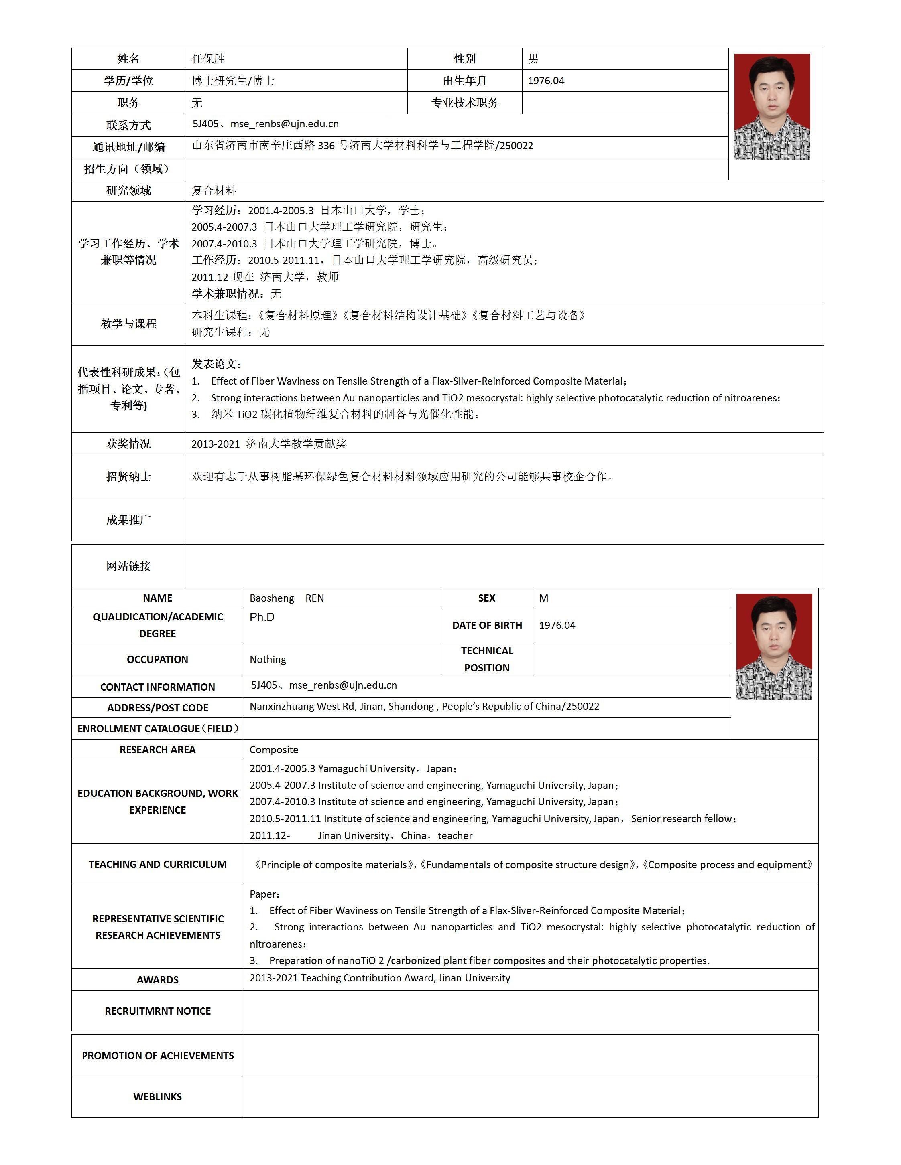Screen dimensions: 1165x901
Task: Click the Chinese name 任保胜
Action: pos(209,59)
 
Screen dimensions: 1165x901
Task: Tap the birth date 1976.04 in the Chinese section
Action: pos(546,81)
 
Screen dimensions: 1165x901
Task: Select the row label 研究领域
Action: pos(129,190)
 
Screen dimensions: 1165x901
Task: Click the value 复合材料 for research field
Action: pos(214,190)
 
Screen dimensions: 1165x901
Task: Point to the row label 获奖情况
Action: pos(129,443)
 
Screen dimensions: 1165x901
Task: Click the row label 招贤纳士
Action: pos(129,476)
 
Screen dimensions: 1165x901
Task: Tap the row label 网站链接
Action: pos(129,566)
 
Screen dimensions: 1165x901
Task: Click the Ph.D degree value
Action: pos(262,617)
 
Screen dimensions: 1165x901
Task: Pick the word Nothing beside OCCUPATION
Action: pos(268,659)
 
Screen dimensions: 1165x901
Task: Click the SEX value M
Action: pos(543,598)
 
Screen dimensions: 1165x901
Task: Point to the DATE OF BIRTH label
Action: pos(487,625)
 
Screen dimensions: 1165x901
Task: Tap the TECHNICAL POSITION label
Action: pos(487,659)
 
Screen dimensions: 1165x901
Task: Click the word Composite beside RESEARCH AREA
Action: pos(274,750)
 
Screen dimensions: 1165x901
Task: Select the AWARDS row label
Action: pos(157,979)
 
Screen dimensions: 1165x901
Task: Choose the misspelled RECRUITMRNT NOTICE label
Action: pos(157,1011)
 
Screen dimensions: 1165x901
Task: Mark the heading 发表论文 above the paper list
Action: pos(216,364)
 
